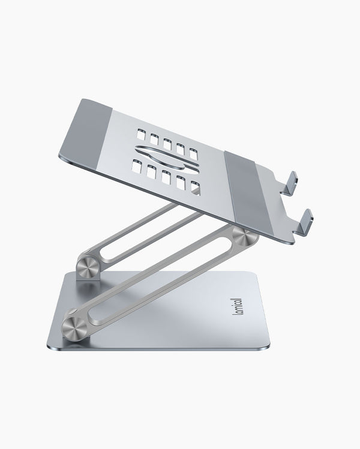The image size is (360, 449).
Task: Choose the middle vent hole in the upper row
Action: click(166, 143)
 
